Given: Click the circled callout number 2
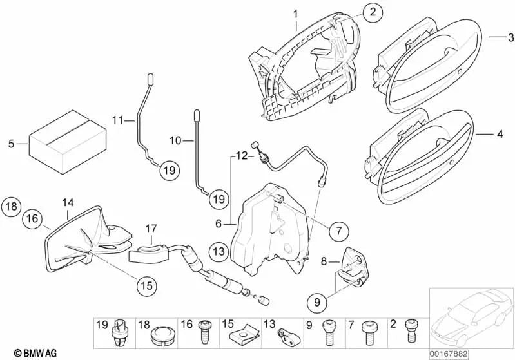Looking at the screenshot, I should [372, 11].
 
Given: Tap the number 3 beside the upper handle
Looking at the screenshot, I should [510, 37].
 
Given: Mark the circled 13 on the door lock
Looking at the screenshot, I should [219, 251].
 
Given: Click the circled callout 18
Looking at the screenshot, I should [10, 206].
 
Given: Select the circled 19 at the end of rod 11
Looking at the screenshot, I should [168, 171].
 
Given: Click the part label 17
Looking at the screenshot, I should [151, 228].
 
